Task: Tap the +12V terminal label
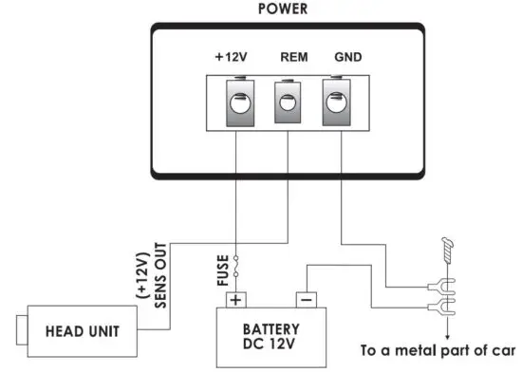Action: tap(233, 57)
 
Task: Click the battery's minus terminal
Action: tap(306, 300)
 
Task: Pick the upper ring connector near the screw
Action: tap(438, 284)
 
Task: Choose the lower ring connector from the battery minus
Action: tap(438, 305)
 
